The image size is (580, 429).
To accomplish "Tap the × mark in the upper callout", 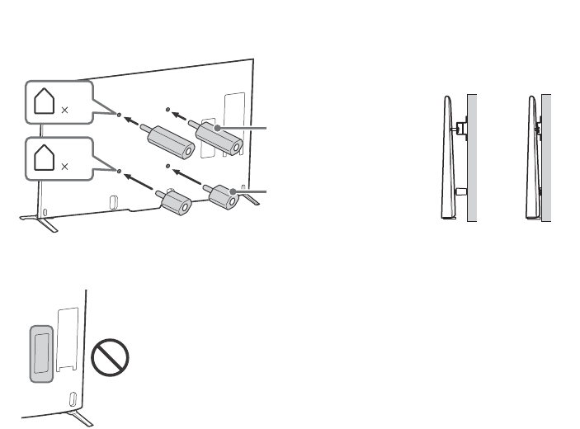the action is pos(64,108).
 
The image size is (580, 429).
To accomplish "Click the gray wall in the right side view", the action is pos(547,157).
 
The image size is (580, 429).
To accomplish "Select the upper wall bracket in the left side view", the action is pos(460,126).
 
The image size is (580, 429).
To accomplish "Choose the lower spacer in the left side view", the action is pos(461,191).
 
